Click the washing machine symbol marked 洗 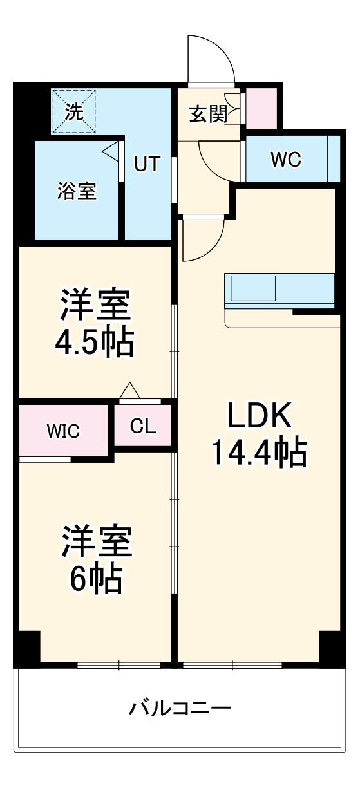73,112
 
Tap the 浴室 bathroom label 77,191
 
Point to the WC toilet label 285,160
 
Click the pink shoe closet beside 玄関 261,106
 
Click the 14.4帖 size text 259,454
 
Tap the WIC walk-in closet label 63,431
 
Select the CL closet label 143,427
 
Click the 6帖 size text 95,579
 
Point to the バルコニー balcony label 180,709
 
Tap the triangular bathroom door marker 111,153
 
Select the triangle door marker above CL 129,391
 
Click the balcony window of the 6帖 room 119,665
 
